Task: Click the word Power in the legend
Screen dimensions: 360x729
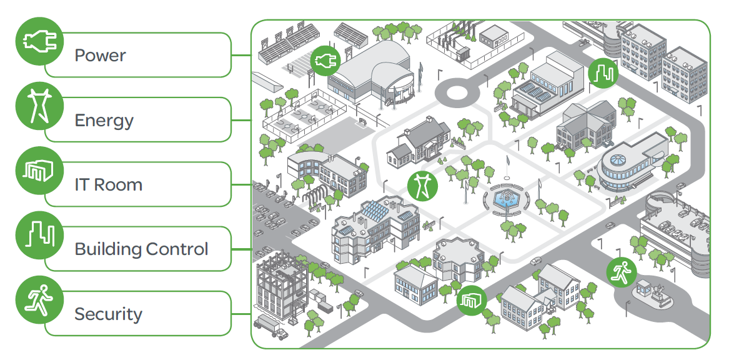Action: [100, 55]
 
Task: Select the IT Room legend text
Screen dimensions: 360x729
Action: [108, 184]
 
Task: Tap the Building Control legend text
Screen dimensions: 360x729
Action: [141, 249]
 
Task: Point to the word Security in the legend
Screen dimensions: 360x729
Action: [108, 314]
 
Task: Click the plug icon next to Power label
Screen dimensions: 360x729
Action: [39, 41]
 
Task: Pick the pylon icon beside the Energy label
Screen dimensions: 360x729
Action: [39, 106]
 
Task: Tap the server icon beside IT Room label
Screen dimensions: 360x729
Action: [39, 171]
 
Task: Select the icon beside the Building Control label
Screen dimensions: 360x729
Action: [39, 235]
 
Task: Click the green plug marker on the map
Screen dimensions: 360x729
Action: [325, 61]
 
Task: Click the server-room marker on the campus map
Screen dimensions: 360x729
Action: [472, 300]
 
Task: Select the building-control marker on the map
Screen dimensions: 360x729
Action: [603, 73]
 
